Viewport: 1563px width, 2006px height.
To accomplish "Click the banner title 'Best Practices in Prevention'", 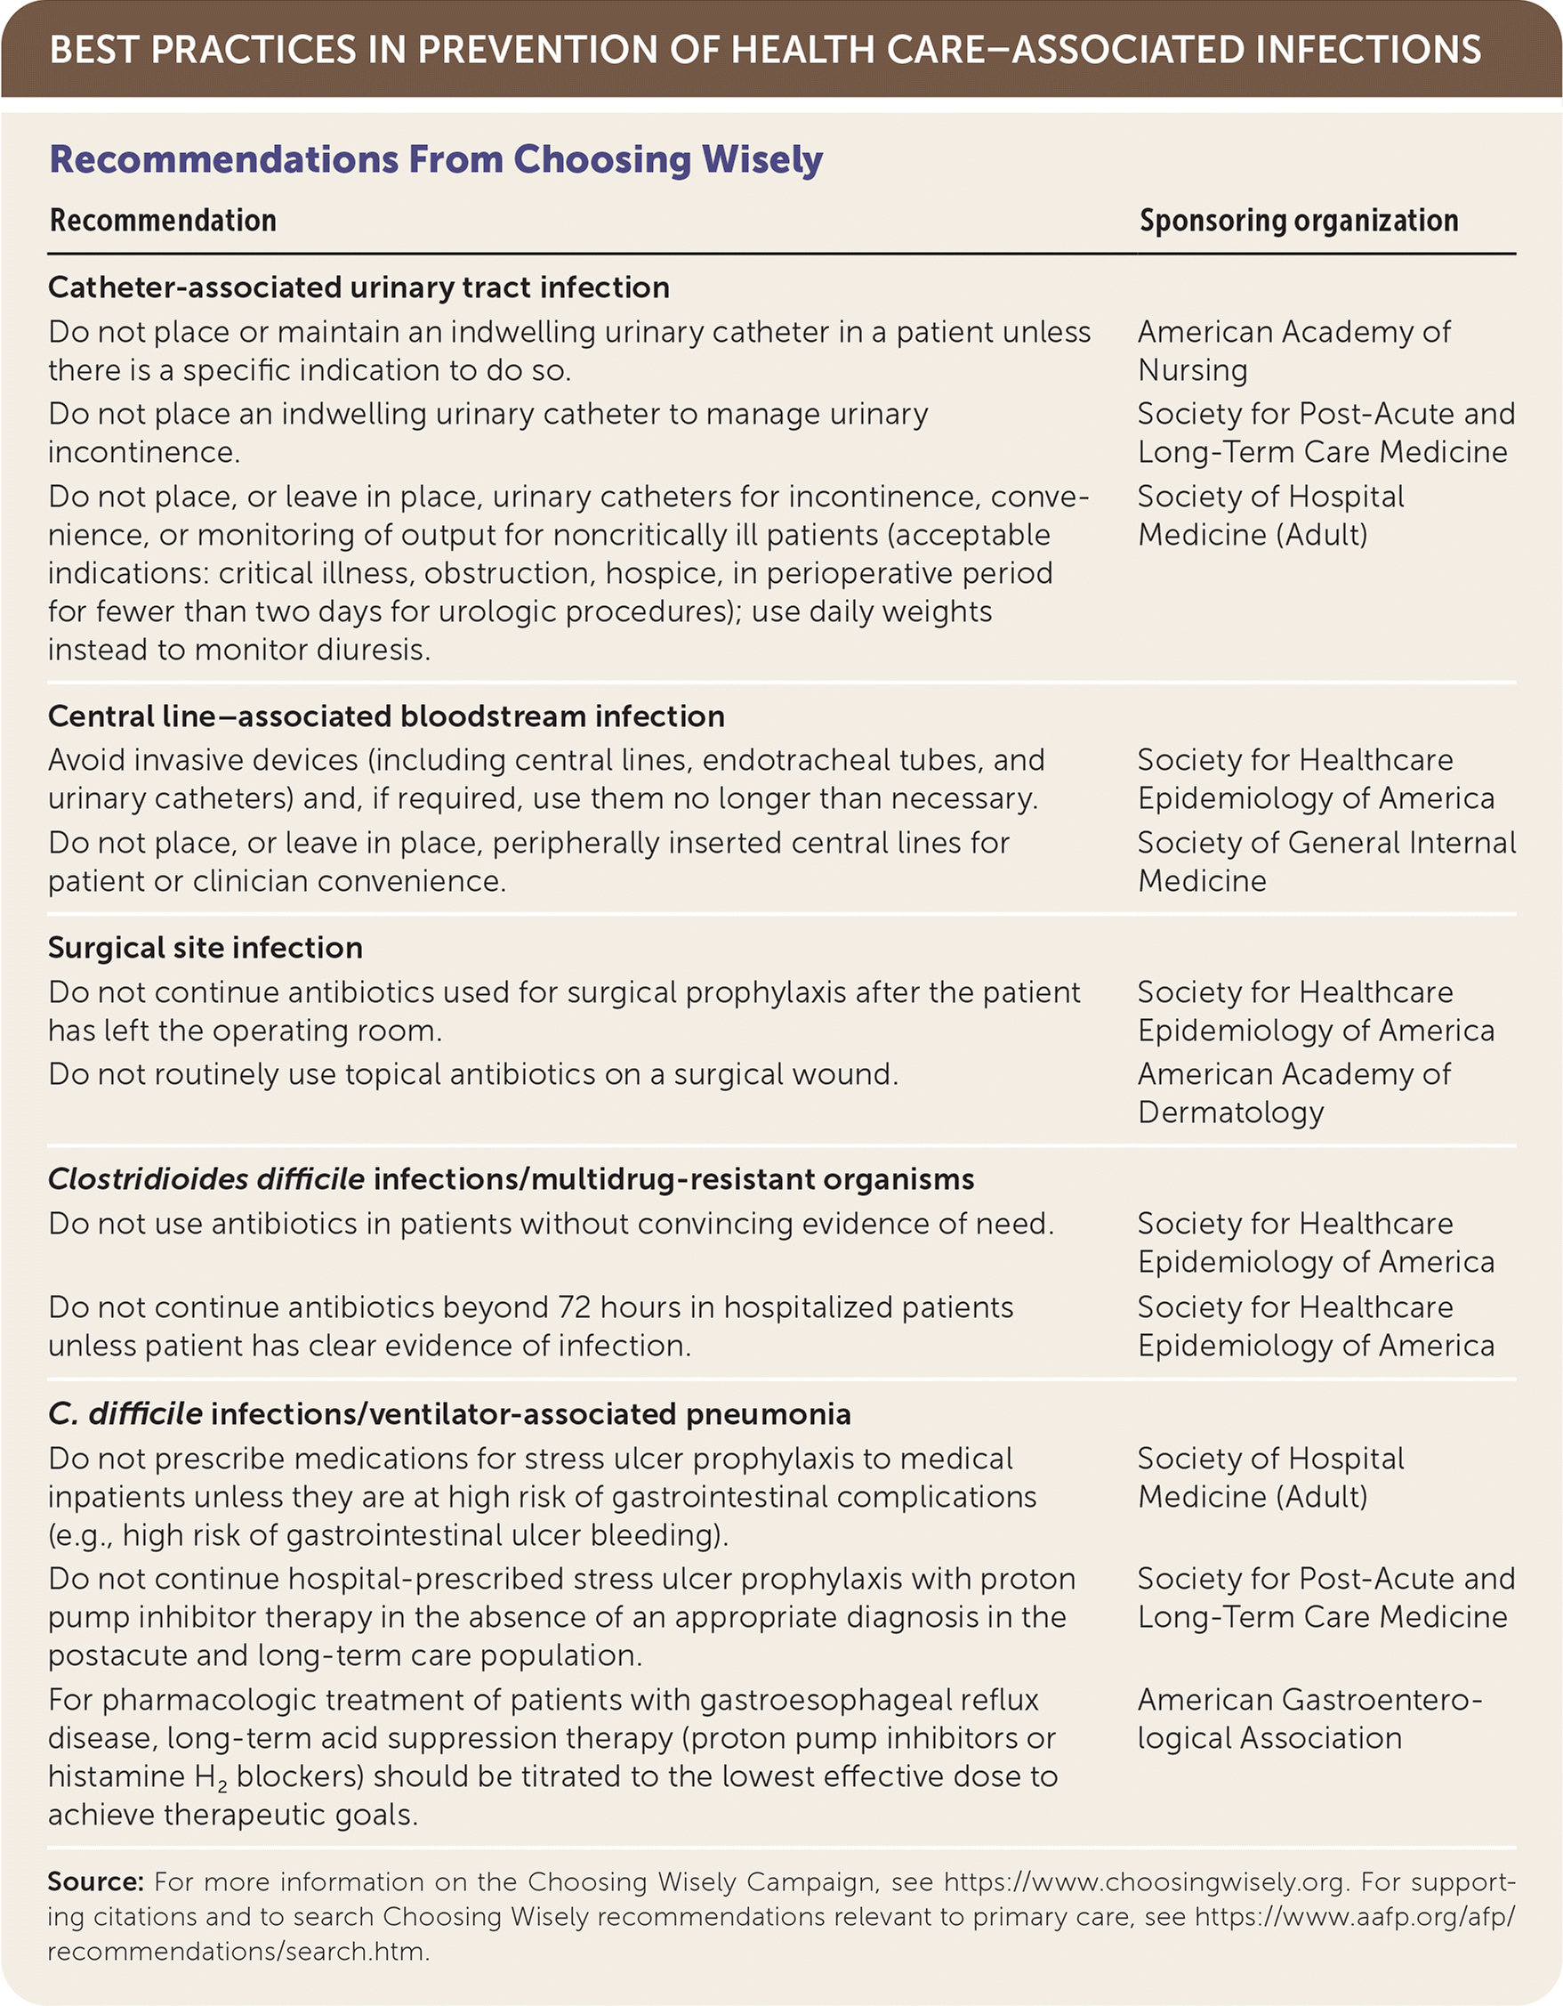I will (765, 50).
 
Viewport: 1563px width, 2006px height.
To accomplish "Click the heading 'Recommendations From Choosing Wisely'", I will (435, 159).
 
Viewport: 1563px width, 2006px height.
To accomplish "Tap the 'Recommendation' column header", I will (163, 221).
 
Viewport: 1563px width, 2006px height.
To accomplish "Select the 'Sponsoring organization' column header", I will (1299, 221).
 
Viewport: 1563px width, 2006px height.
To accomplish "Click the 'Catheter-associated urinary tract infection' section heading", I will (359, 287).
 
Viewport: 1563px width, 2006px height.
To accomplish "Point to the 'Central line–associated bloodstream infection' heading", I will (386, 716).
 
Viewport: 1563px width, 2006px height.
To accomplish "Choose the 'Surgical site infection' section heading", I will (205, 948).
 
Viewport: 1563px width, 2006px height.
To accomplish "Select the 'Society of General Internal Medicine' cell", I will (1325, 861).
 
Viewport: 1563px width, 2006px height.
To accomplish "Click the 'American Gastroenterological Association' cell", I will (1309, 1719).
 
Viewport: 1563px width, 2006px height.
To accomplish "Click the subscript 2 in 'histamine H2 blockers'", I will (222, 1787).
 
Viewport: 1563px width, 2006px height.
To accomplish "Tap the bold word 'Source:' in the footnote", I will (95, 1882).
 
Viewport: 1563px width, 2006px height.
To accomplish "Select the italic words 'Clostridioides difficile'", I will (205, 1179).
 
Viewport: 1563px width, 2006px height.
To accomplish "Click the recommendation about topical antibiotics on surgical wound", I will (473, 1075).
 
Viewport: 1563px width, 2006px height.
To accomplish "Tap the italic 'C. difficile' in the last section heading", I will (125, 1413).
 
